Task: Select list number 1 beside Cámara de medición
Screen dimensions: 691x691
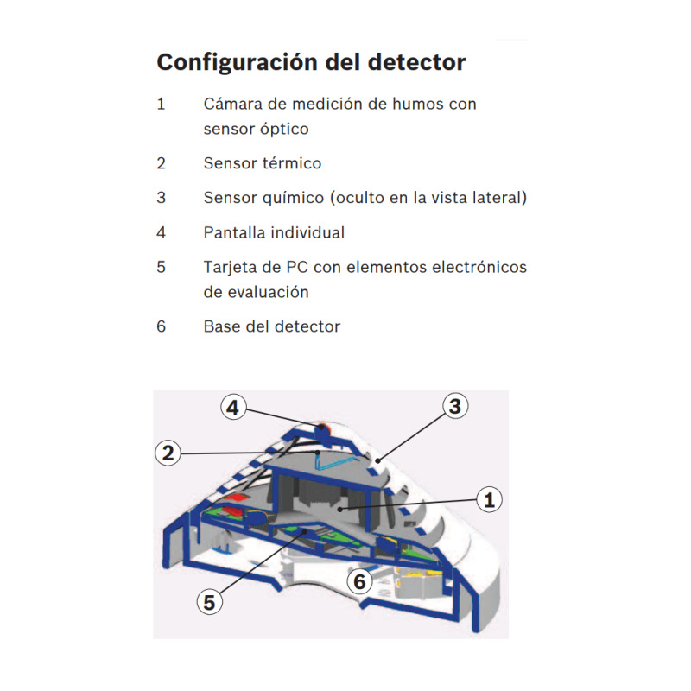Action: point(161,104)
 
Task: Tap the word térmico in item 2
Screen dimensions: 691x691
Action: point(291,163)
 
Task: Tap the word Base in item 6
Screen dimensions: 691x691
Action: point(222,326)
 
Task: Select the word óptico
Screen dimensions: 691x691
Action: point(283,129)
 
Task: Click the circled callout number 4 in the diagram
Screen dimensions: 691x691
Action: point(232,407)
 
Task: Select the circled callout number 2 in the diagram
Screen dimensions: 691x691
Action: point(169,452)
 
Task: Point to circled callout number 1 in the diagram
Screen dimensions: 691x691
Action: point(490,498)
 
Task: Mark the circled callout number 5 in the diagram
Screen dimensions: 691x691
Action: point(209,601)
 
